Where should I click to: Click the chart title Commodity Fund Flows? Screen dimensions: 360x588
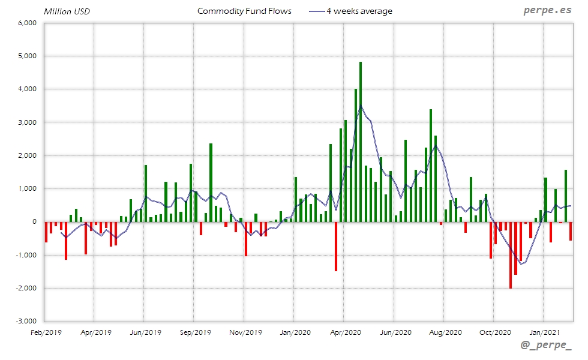pos(244,11)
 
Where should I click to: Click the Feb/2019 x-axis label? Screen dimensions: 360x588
pos(46,331)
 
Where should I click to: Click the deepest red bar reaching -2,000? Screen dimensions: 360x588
pos(511,255)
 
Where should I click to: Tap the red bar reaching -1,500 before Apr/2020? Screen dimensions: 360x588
pos(336,246)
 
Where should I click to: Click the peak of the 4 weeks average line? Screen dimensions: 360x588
pos(361,106)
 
